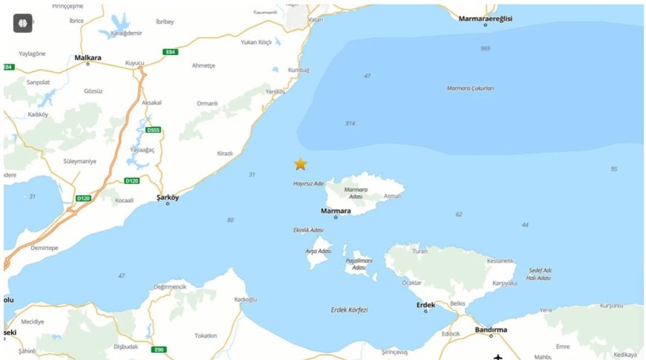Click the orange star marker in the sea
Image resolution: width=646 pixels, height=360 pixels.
tap(300, 164)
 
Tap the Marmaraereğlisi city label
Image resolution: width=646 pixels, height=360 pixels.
tap(486, 18)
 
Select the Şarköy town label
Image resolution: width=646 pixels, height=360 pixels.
tap(168, 197)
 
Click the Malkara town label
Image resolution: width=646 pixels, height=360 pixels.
tap(88, 56)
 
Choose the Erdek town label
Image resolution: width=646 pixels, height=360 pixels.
tap(425, 304)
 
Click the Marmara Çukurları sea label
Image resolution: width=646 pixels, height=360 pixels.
tap(470, 88)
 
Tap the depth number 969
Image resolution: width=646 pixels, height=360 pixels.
tap(485, 48)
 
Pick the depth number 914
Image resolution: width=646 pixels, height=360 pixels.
tap(350, 123)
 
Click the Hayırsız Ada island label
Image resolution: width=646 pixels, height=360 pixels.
tap(308, 183)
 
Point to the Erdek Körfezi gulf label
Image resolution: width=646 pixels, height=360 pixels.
tap(349, 310)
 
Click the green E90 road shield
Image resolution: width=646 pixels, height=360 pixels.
tap(158, 350)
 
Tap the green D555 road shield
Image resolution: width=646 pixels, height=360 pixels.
tap(153, 131)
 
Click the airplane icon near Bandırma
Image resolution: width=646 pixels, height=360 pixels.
tap(497, 357)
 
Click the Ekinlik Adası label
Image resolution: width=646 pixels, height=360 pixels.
tap(308, 230)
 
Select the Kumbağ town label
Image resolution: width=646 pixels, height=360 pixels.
tap(298, 70)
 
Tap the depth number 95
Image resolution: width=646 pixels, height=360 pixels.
tap(613, 169)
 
